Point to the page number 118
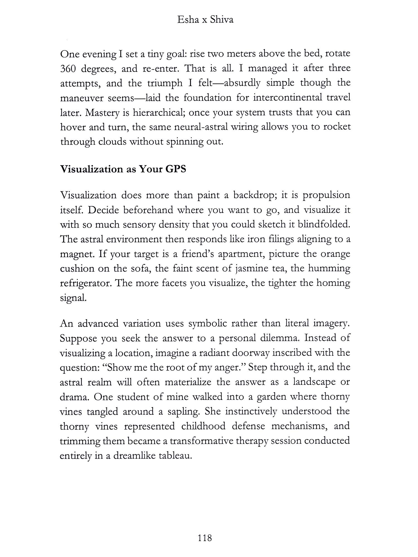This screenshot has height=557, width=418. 205,538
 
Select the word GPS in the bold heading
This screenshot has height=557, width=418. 176,169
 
